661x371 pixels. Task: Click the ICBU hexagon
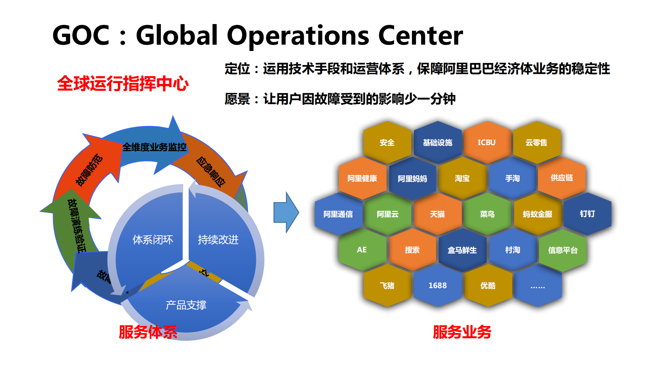486,142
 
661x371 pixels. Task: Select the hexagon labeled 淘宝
462,178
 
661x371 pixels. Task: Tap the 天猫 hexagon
437,214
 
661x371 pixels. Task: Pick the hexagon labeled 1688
437,285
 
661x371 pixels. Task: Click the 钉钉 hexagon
587,214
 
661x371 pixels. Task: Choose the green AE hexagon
362,250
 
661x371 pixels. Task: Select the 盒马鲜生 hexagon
462,250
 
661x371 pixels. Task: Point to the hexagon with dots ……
537,286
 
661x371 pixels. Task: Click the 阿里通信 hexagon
338,214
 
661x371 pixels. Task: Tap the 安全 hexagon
387,142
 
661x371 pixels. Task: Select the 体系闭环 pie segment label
153,240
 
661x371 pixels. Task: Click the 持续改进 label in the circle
218,240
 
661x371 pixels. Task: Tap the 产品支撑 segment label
186,305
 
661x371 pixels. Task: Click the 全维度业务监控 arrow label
154,147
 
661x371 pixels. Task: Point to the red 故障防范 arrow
89,170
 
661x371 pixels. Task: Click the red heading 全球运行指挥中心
123,84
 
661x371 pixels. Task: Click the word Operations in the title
298,35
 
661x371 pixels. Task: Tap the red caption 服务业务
462,332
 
